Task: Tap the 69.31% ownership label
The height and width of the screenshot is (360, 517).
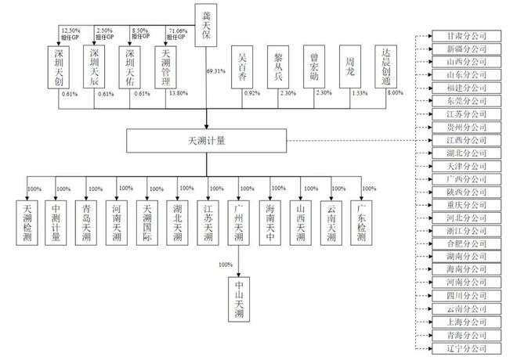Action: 217,70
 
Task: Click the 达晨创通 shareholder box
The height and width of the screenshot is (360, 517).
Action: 385,66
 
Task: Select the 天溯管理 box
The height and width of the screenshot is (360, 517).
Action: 168,66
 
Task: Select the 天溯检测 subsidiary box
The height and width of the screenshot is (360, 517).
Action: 29,222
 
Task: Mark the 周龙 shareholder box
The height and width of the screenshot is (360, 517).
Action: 349,66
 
